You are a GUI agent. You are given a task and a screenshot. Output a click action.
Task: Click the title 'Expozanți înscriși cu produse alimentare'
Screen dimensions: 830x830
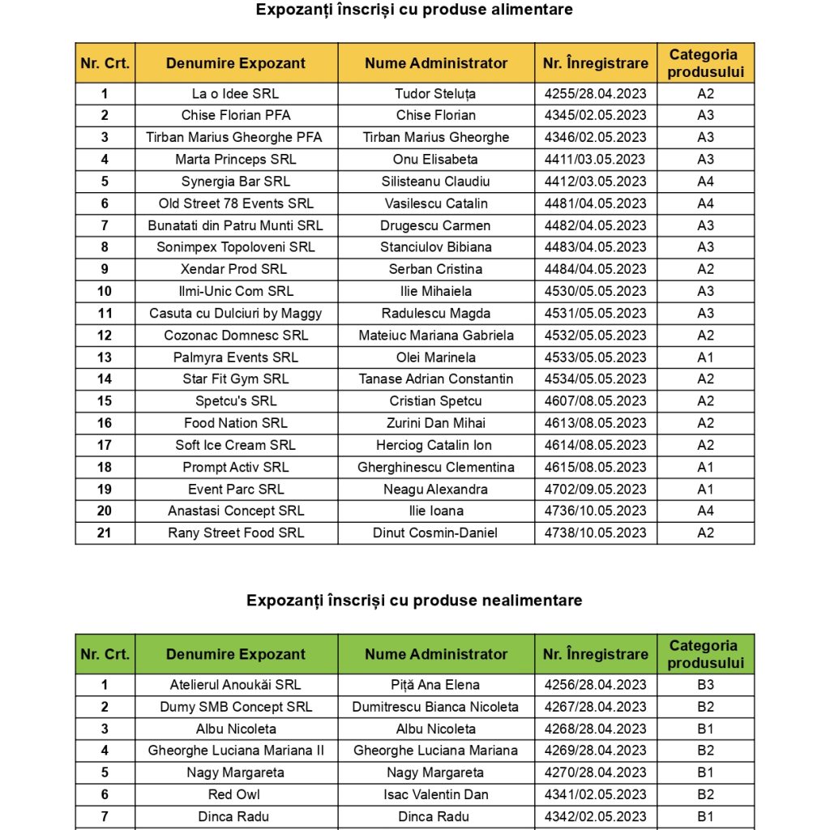click(x=414, y=10)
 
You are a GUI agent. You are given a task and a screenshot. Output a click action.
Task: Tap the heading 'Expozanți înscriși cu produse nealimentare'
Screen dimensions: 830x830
click(x=414, y=601)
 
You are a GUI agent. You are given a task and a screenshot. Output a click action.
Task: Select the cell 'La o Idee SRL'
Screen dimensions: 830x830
click(x=235, y=94)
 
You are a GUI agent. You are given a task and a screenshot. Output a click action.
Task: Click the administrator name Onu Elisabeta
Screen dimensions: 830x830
click(x=435, y=160)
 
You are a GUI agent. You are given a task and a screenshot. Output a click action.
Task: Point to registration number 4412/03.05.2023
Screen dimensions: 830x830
click(x=595, y=182)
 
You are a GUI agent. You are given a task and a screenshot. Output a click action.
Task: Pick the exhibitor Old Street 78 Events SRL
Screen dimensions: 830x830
click(x=235, y=203)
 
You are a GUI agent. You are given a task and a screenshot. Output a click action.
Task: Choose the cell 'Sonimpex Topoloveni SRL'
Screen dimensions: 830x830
click(x=235, y=247)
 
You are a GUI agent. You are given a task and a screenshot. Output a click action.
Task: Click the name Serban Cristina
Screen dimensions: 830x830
click(x=435, y=269)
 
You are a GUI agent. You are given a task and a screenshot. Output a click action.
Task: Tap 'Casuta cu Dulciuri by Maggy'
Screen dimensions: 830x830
click(x=235, y=314)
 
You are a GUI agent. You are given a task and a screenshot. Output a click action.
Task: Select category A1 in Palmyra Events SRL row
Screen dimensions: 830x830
click(x=705, y=357)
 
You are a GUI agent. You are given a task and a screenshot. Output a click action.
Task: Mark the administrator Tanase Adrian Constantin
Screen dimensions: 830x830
click(x=435, y=379)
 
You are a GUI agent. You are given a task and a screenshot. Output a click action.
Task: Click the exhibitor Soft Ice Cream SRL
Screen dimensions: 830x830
click(x=235, y=445)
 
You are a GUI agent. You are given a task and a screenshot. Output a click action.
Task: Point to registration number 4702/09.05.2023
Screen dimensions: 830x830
click(x=595, y=490)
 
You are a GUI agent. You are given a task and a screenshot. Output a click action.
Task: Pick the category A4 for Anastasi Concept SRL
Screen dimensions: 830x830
click(x=705, y=511)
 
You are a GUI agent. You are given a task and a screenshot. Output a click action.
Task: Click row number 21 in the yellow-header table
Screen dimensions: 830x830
click(x=105, y=533)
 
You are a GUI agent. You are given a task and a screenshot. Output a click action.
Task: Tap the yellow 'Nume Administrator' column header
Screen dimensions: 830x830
click(x=435, y=63)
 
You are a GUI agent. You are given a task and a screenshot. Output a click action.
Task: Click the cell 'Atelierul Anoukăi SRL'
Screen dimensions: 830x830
click(x=235, y=685)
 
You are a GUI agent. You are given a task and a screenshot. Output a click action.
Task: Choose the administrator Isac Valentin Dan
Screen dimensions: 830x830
click(x=435, y=795)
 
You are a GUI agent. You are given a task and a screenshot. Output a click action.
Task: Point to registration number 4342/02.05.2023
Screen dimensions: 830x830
click(x=595, y=817)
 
